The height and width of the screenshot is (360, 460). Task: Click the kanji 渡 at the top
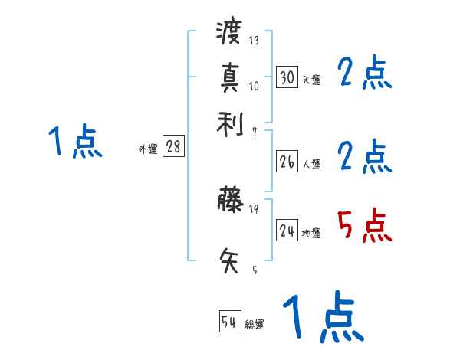point(229,33)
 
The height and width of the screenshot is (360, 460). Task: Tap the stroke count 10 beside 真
point(254,86)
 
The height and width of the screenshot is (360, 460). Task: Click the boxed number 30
point(287,77)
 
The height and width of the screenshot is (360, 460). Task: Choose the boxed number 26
point(287,162)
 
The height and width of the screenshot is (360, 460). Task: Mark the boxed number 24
point(287,231)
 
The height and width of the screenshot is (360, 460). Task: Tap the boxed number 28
point(173,147)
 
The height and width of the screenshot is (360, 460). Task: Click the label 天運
point(311,80)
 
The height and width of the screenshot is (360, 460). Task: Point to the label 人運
point(311,164)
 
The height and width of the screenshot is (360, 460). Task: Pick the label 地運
point(311,233)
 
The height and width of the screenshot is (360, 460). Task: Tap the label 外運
point(147,149)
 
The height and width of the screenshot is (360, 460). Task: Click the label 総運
point(255,324)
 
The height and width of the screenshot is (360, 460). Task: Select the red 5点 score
point(364,226)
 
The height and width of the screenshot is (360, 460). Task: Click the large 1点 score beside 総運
point(323,318)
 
